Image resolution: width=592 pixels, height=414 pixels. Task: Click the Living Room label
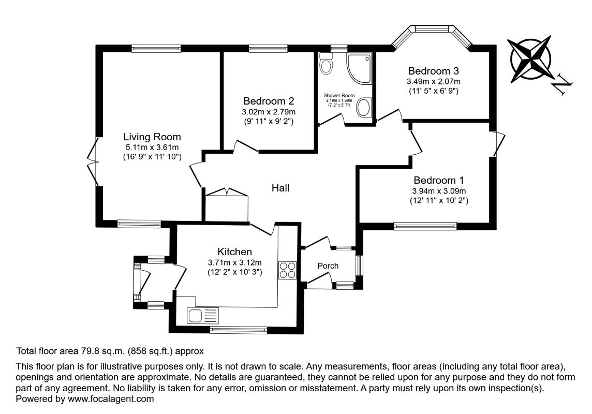coord(152,137)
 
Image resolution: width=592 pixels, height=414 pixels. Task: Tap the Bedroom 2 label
coord(269,101)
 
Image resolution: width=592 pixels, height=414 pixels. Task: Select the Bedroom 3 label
coord(433,71)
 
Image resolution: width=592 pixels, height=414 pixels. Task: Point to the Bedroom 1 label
coord(438,181)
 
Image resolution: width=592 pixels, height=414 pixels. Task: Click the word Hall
coord(280,188)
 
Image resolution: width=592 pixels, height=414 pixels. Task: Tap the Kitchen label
coord(234,252)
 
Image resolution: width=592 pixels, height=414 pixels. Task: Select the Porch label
coord(328,266)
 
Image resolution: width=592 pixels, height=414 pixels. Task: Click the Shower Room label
coord(339,96)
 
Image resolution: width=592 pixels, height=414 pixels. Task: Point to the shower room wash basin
coord(364,108)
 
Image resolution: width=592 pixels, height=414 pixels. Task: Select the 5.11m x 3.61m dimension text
coord(152,147)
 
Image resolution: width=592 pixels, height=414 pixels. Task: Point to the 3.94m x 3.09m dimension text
coord(438,191)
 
